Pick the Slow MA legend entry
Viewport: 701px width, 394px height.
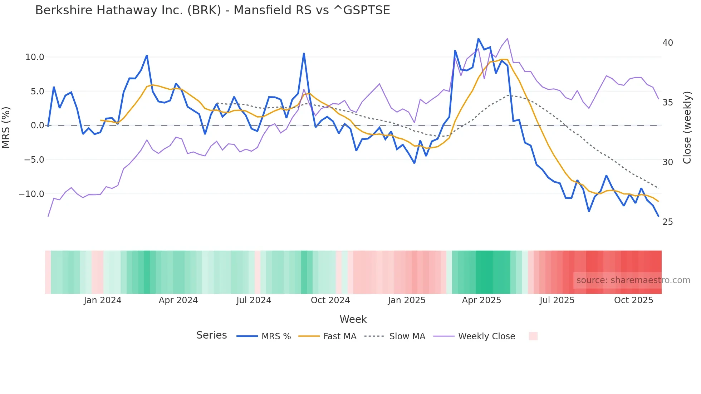tap(395, 336)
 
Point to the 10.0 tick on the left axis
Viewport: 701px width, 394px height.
tap(35, 57)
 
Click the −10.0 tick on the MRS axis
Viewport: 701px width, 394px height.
tap(31, 194)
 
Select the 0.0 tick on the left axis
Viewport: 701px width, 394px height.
tap(38, 125)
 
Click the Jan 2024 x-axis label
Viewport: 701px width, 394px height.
tap(103, 300)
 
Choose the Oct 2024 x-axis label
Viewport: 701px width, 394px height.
tap(330, 300)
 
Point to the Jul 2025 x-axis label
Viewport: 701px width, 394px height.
tap(557, 300)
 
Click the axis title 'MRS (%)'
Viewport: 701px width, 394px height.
tap(6, 127)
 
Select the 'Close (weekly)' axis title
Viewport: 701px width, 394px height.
tap(687, 127)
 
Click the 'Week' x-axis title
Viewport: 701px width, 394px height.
tap(353, 319)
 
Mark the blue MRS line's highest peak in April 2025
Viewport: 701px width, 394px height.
tap(478, 39)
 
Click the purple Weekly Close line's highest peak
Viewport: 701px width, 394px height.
tap(508, 39)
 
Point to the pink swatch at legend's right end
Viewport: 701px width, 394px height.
tap(533, 336)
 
